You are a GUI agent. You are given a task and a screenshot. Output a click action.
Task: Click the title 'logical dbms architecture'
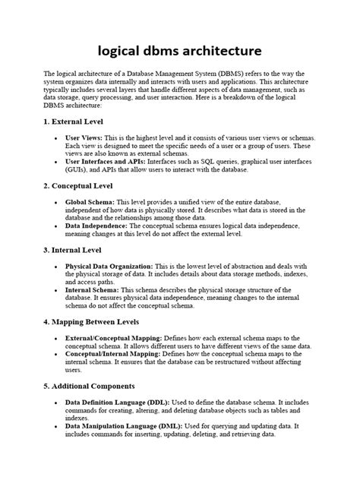(x=180, y=51)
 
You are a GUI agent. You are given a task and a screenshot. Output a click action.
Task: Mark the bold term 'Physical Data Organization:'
(x=109, y=266)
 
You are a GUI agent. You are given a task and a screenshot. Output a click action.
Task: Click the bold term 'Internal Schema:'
(x=93, y=289)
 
